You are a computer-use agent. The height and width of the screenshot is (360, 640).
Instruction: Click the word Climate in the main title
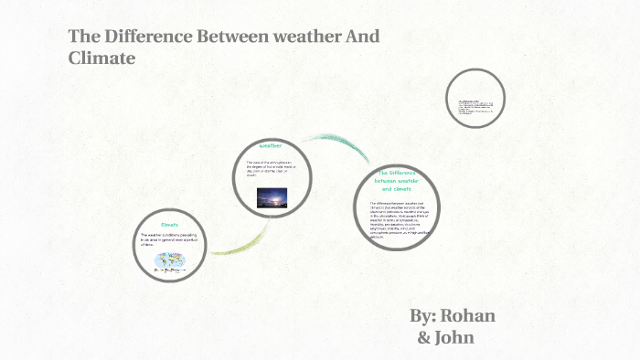click(x=101, y=58)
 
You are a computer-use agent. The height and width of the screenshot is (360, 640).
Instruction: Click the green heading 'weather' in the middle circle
click(x=271, y=145)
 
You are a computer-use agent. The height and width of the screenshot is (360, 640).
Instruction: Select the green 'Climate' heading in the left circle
click(x=170, y=224)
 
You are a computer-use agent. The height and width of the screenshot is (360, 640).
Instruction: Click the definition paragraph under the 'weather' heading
click(x=272, y=168)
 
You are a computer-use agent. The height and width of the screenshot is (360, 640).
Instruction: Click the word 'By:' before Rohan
click(x=423, y=316)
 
